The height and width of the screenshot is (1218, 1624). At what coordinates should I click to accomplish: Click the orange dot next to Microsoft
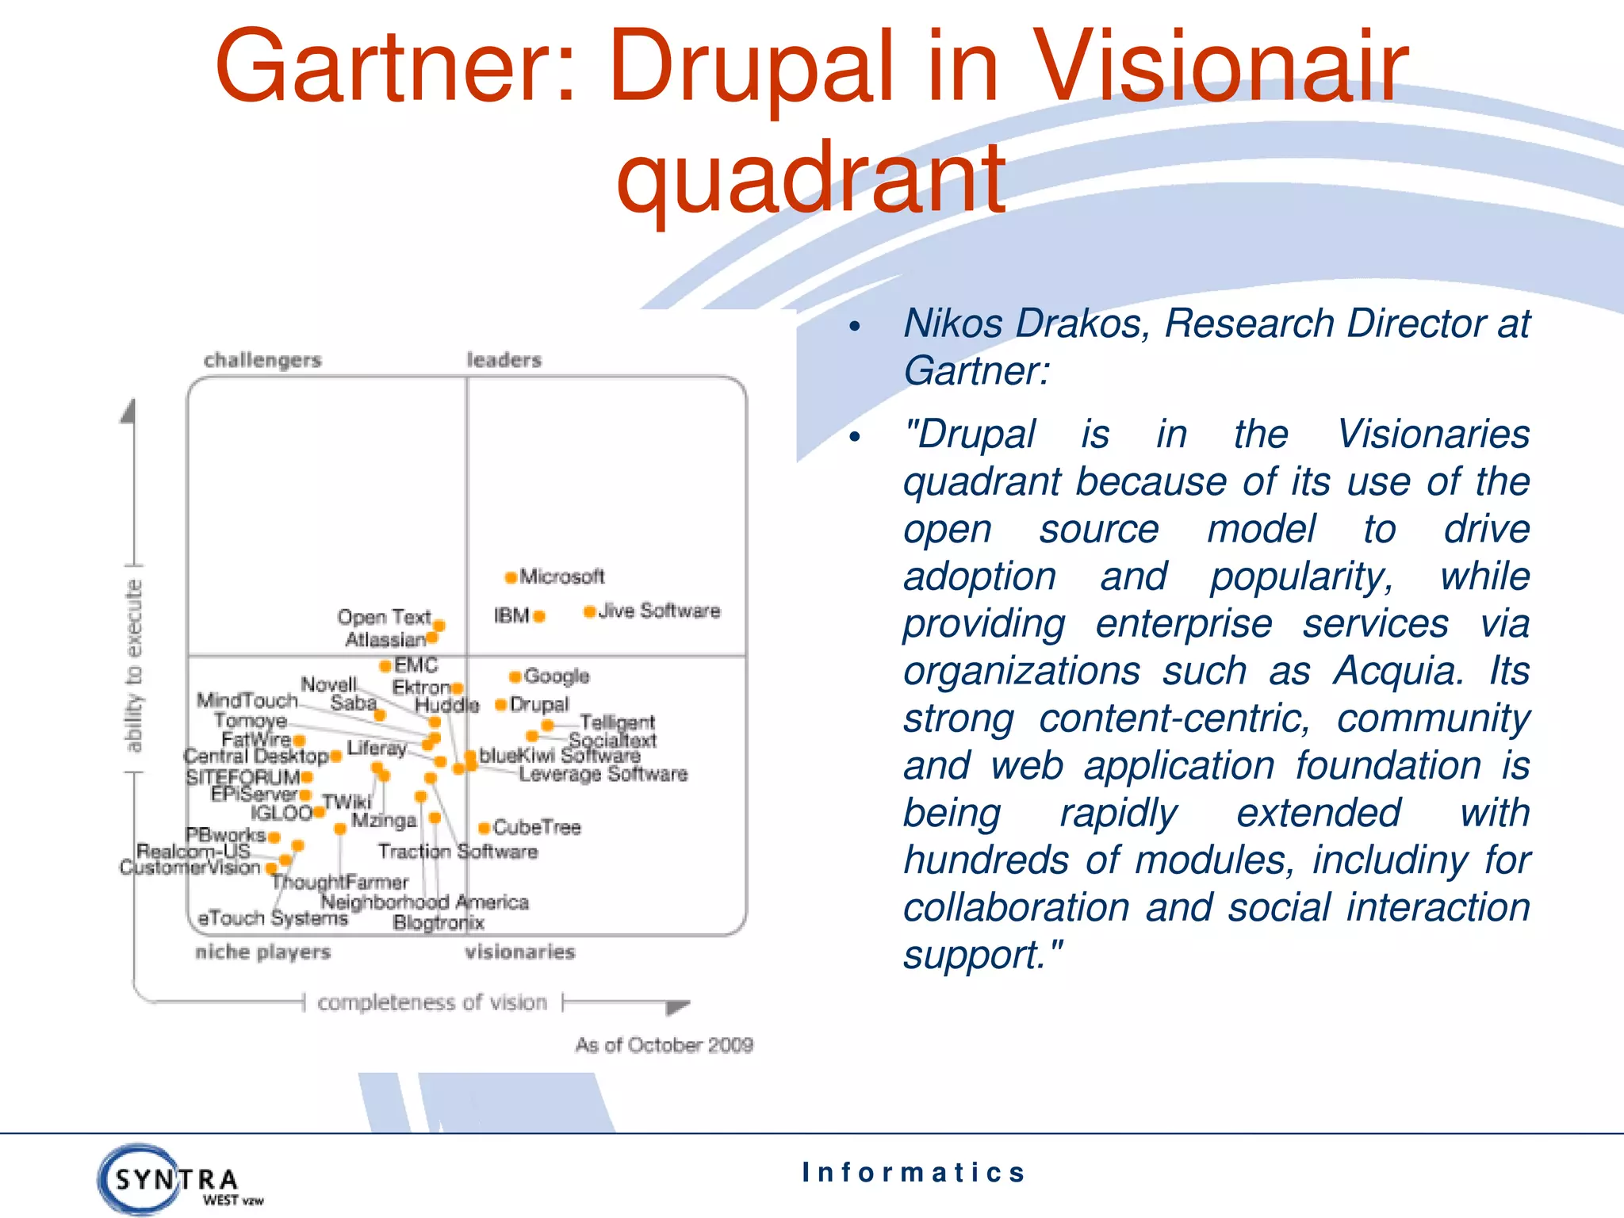(x=511, y=577)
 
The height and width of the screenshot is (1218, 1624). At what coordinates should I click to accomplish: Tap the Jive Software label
(x=659, y=611)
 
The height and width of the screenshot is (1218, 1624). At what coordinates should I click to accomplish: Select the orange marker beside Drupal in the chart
(x=501, y=704)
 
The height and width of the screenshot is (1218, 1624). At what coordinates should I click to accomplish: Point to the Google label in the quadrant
(x=557, y=676)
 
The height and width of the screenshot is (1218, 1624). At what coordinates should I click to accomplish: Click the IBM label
(x=511, y=615)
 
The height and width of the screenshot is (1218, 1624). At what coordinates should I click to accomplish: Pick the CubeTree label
(x=537, y=827)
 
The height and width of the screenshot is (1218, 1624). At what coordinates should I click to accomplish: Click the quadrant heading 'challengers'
(x=262, y=360)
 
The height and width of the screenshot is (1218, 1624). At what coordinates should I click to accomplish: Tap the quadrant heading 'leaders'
(x=504, y=360)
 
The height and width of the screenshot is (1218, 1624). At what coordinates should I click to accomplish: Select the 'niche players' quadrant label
(x=262, y=952)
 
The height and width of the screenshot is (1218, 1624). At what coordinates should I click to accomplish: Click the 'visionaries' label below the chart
(x=519, y=952)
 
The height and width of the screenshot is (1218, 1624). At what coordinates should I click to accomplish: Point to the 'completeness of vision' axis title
(x=432, y=1002)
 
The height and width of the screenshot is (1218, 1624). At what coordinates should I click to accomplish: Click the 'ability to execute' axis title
(x=134, y=666)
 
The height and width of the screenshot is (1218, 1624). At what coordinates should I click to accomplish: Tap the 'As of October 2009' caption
(x=664, y=1045)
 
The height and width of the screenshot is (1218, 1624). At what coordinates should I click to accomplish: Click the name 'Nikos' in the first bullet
(x=954, y=324)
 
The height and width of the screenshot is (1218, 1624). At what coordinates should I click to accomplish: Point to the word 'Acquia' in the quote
(x=1396, y=671)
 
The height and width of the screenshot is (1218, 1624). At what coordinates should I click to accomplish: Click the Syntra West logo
(x=178, y=1180)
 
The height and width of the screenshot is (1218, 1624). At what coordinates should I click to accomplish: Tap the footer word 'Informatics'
(x=913, y=1172)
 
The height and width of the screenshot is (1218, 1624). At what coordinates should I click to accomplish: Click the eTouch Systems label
(x=273, y=918)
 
